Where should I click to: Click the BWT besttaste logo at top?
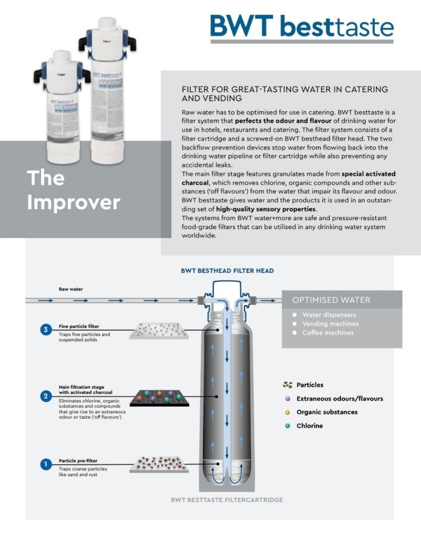302,26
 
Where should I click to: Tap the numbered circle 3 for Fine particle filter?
46,330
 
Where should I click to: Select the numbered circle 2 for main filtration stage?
46,396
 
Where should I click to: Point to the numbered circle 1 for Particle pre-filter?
46,464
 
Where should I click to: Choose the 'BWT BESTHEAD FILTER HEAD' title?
227,271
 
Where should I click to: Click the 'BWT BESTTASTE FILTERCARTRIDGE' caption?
227,500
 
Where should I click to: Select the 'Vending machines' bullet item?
330,324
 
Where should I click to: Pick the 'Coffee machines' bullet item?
328,333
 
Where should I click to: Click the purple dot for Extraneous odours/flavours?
287,398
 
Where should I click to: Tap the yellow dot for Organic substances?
287,412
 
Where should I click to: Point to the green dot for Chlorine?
287,426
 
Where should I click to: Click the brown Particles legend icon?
287,385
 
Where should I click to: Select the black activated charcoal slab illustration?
159,398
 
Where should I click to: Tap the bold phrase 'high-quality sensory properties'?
266,209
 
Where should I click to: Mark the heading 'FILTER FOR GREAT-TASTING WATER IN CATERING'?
284,89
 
